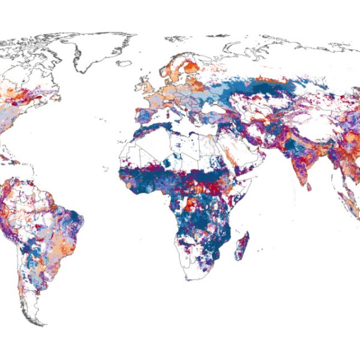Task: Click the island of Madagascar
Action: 242,246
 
